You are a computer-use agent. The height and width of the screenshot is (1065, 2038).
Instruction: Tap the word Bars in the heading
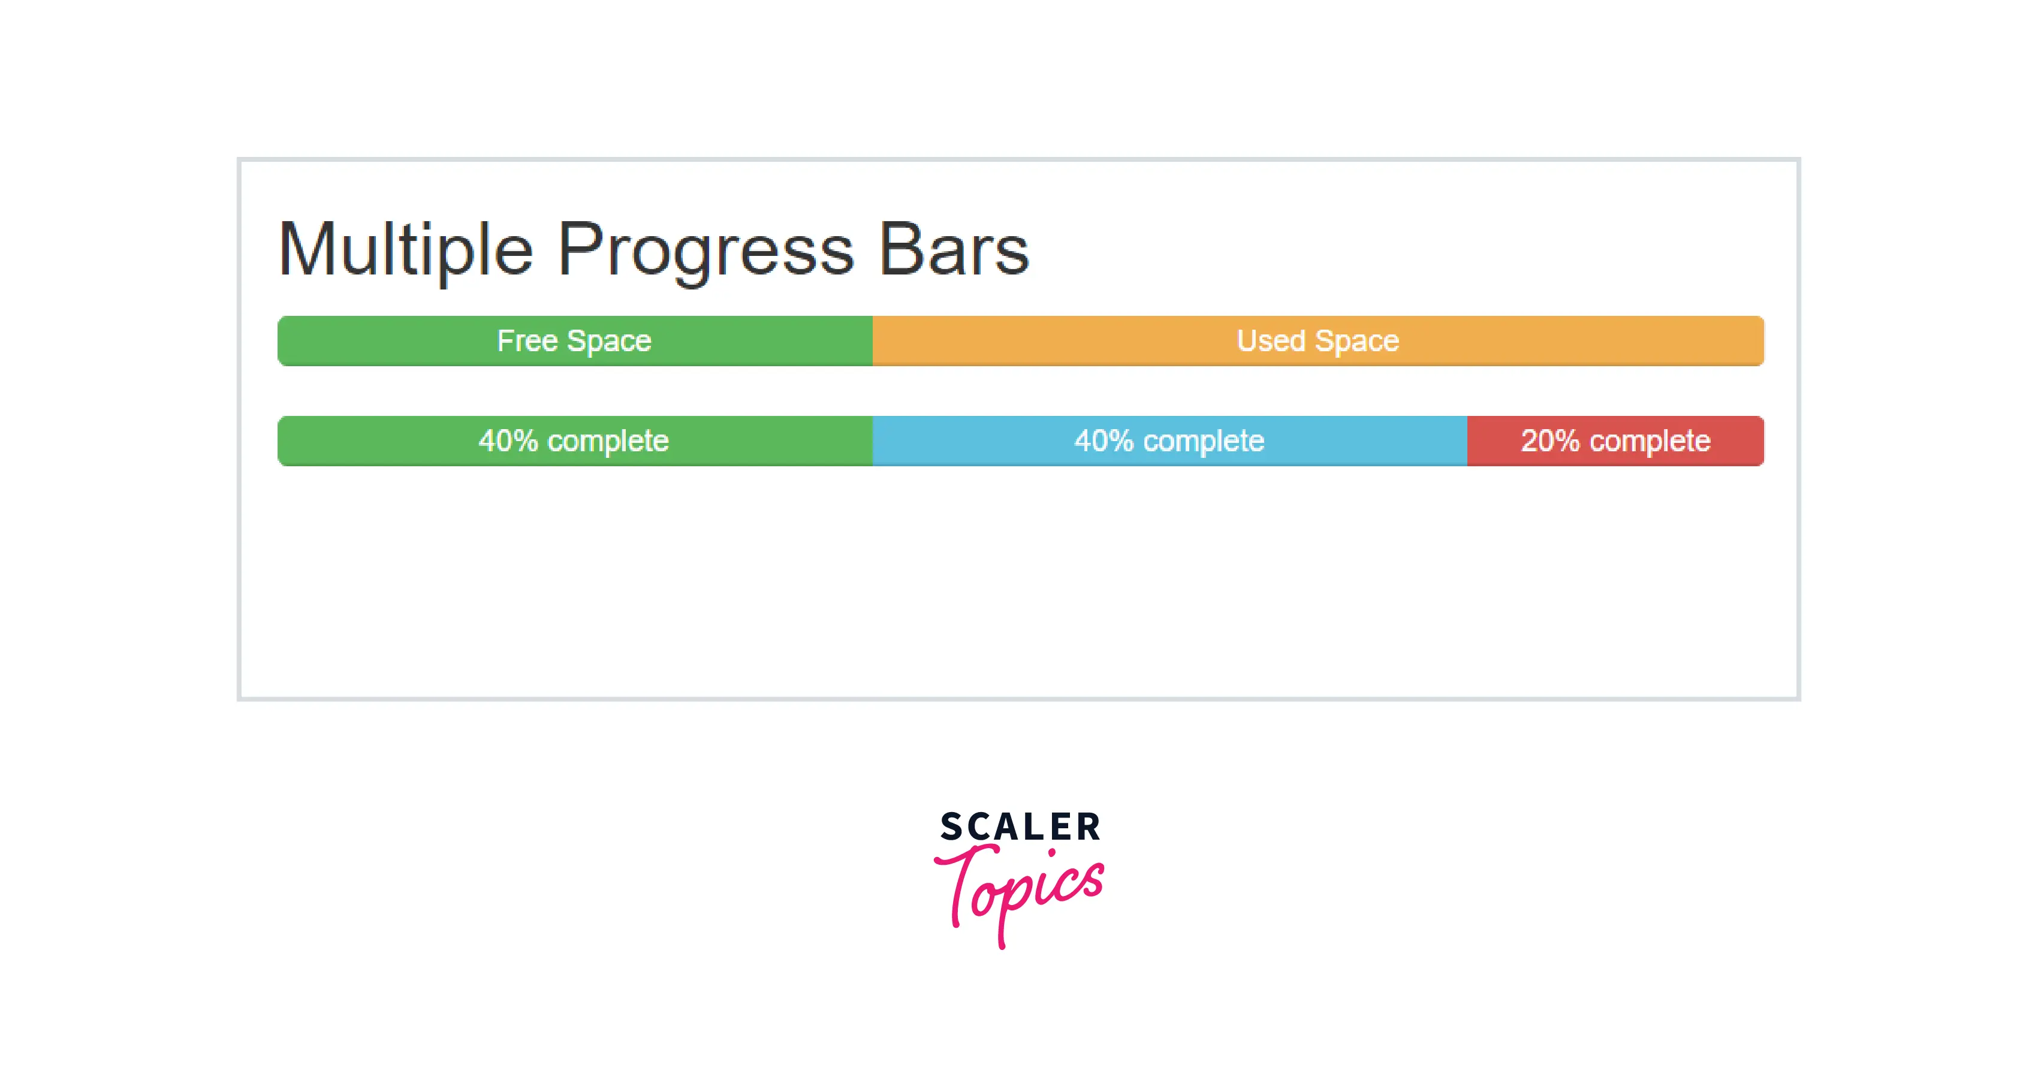tap(953, 249)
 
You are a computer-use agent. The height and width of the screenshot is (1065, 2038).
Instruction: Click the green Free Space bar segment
tap(575, 341)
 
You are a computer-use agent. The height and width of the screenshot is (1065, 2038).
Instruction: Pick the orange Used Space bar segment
tap(1318, 341)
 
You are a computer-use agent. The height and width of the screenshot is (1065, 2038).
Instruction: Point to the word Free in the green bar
tap(527, 341)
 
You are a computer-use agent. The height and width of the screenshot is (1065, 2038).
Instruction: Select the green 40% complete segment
tap(575, 441)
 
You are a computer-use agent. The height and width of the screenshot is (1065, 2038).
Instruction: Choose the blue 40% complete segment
tap(1170, 441)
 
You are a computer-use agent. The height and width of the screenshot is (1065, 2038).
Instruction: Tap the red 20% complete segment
tap(1615, 441)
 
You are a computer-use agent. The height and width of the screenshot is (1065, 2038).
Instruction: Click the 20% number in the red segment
tap(1550, 441)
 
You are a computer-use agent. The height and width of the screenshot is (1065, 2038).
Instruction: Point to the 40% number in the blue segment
tap(1104, 441)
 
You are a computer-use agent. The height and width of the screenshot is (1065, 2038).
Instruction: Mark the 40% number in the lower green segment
tap(508, 441)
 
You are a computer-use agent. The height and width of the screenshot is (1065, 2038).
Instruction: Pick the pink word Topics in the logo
tap(1019, 894)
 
